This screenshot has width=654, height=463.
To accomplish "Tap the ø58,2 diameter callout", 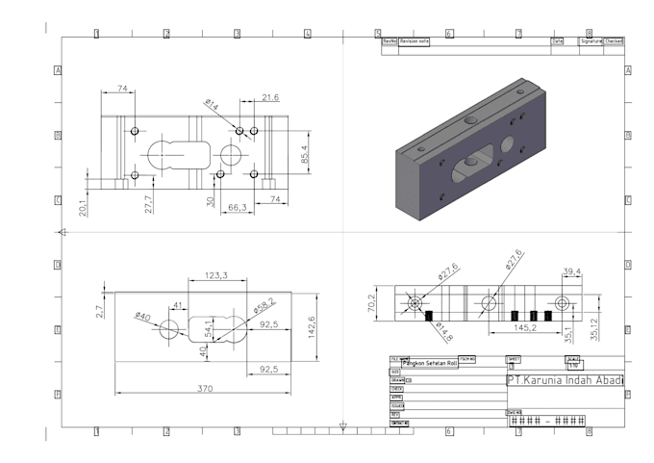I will click(x=264, y=306).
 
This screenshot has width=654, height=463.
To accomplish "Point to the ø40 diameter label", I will click(x=142, y=316).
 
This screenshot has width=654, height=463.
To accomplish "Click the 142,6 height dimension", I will click(x=311, y=327).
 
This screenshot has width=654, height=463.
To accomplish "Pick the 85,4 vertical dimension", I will click(x=304, y=154).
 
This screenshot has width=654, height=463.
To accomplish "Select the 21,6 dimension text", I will click(x=270, y=97).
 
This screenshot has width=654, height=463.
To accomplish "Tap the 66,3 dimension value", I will click(x=237, y=207).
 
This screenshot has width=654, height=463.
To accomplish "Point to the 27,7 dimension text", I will click(x=147, y=203).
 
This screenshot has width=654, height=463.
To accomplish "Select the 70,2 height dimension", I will click(x=370, y=302).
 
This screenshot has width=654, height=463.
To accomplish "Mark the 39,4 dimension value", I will click(x=573, y=271).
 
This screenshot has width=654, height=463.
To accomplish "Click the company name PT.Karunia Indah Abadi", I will click(x=565, y=380).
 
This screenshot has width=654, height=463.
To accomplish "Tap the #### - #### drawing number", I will click(x=547, y=421).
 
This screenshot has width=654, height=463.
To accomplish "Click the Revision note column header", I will click(x=415, y=41).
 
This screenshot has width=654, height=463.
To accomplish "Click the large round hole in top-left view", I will click(x=231, y=154).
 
